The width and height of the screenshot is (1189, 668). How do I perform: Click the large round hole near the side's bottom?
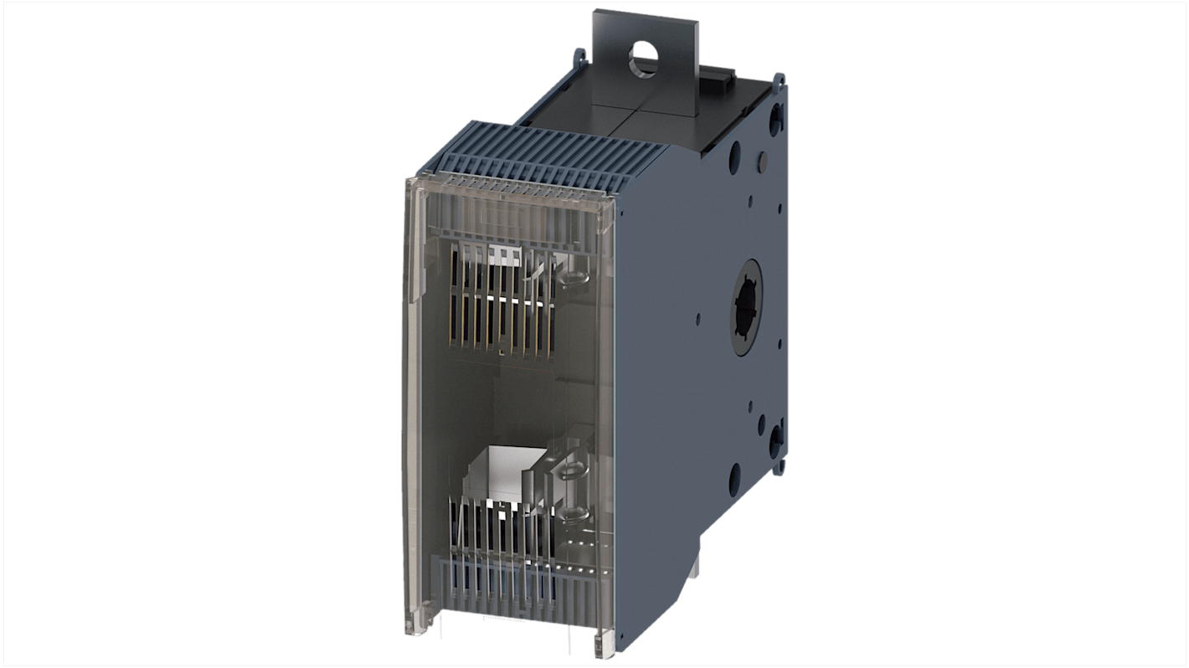point(734,478)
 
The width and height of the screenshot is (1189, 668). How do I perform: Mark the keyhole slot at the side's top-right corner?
point(775,115)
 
